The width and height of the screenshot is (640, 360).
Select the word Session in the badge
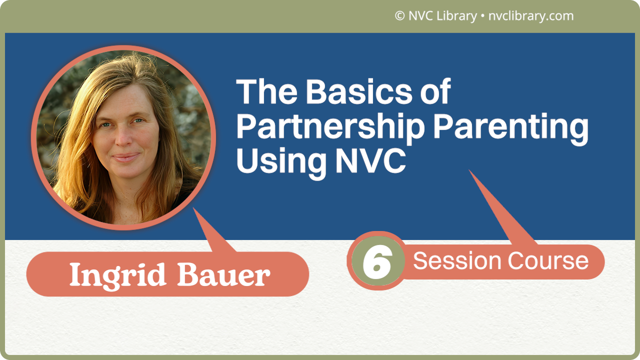457,261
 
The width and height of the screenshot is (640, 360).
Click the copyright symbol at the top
399,16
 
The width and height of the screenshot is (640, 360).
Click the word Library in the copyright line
456,16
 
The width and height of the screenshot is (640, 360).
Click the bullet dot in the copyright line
482,16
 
